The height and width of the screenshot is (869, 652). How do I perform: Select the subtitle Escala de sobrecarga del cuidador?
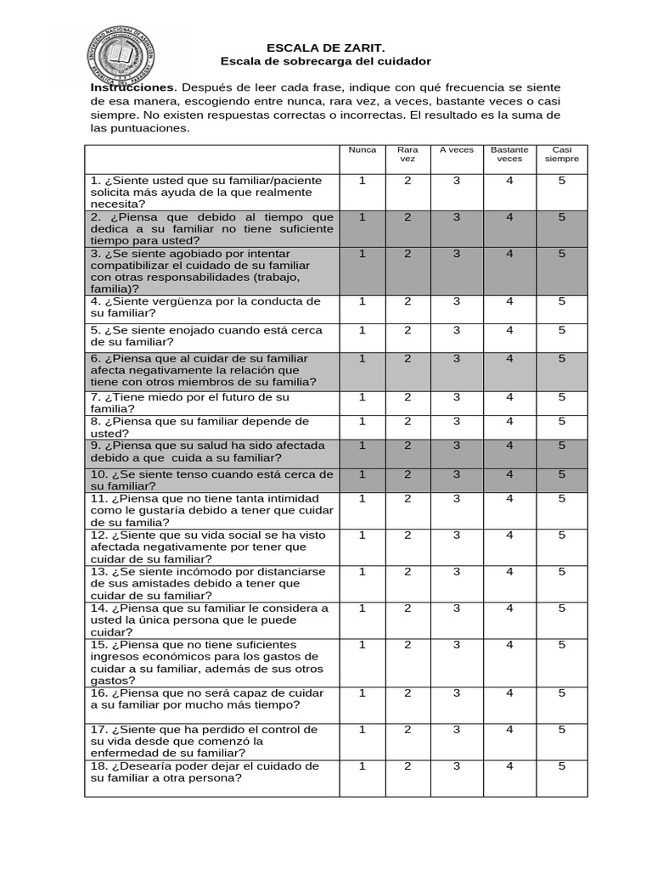[x=326, y=62]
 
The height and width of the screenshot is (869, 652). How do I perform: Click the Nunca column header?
[x=363, y=150]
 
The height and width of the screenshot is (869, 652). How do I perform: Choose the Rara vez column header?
[x=407, y=154]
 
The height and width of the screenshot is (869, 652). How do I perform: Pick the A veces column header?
[x=457, y=150]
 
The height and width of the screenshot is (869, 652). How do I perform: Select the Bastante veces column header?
[x=509, y=154]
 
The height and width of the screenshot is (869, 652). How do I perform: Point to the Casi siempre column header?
[x=562, y=154]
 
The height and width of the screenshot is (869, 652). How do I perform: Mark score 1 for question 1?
[x=363, y=180]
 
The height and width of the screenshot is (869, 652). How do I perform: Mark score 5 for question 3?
[x=562, y=253]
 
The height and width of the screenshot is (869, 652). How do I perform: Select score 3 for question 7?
[x=457, y=396]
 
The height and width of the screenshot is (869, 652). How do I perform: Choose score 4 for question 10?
[x=509, y=474]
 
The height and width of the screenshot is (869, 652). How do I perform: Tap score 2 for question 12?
[x=407, y=535]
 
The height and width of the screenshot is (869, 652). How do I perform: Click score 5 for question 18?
[x=562, y=765]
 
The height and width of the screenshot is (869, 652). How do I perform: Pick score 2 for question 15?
[x=407, y=644]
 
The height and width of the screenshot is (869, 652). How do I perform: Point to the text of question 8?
[x=200, y=427]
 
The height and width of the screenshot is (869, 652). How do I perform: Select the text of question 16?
[x=205, y=699]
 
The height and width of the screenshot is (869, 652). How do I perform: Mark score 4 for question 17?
[x=509, y=729]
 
